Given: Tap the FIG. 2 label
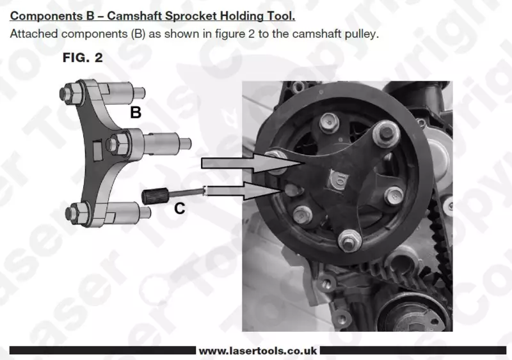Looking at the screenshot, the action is pos(83,58).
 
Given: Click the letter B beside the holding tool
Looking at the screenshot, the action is pos(136,113).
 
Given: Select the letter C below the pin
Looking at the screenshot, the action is pos(180,208).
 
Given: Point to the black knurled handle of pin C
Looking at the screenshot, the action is pos(155,196).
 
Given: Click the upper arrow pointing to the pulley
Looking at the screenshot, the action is pos(253,162).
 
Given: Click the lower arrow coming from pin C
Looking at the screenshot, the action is pos(243,191).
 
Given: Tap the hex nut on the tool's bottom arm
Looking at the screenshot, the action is pos(78,213).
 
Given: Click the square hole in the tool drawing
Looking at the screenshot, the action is pos(98,150).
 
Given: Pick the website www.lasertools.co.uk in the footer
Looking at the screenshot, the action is pos(258,351).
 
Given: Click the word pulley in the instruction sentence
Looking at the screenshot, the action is pos(362,35).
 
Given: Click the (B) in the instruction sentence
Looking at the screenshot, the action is pos(138,34).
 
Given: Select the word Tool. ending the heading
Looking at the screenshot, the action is pos(280,16).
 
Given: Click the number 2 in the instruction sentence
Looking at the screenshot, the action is pos(251,34).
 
